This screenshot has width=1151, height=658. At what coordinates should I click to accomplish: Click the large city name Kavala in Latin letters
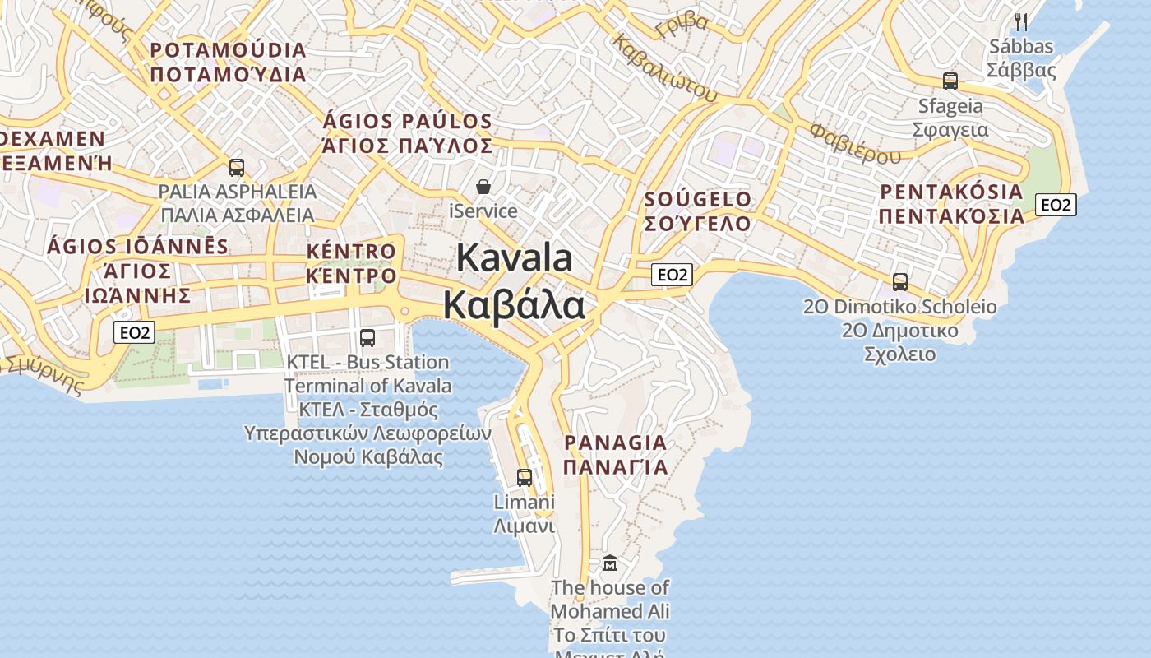coord(514,257)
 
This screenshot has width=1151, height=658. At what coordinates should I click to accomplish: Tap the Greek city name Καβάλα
coord(514,304)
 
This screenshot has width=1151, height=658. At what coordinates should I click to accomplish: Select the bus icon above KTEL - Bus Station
coord(367,337)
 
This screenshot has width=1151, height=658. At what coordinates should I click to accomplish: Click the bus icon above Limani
coord(524,477)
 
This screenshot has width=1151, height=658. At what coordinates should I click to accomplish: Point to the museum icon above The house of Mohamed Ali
coord(610,563)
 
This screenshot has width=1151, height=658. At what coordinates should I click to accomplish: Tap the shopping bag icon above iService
coord(483,187)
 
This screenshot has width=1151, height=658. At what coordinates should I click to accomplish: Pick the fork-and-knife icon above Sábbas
coord(1021,21)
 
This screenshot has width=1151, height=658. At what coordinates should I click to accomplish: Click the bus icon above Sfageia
coord(950,81)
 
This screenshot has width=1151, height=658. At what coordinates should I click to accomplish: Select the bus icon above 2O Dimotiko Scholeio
coord(900,282)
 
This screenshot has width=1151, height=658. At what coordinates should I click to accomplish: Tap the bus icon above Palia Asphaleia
coord(237,168)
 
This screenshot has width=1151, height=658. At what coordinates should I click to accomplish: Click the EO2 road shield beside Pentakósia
coord(1056,205)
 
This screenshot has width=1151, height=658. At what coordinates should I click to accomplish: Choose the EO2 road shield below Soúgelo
coord(672,275)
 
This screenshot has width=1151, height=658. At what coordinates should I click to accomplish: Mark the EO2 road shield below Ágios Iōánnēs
coord(134,332)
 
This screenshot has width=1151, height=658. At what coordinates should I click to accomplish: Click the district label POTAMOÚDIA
coord(228,50)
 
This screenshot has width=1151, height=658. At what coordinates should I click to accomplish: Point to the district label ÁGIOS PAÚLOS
coord(408,122)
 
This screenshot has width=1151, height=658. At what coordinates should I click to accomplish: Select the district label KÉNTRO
coord(351,251)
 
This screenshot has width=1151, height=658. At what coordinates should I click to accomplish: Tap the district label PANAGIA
coord(616,443)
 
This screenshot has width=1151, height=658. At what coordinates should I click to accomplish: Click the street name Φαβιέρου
coord(855,143)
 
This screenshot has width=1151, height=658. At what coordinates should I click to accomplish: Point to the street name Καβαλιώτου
coord(666,68)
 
